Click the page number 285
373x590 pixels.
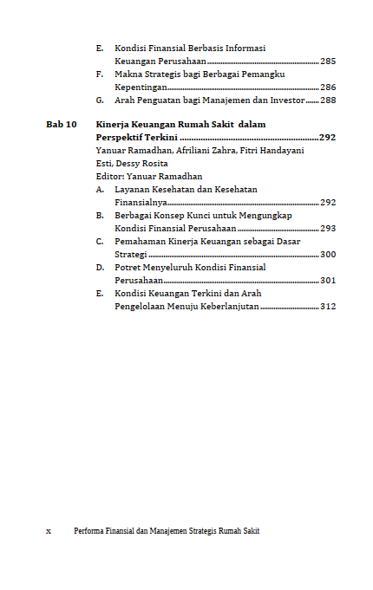click(x=328, y=62)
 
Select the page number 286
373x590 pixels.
click(x=328, y=88)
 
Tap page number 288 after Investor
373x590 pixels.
click(x=328, y=100)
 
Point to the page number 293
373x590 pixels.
click(x=328, y=228)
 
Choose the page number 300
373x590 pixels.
click(x=328, y=255)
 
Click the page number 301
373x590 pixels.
click(x=328, y=281)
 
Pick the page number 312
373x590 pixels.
click(x=328, y=307)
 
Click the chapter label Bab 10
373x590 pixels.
click(x=61, y=125)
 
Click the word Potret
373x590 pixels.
click(x=129, y=268)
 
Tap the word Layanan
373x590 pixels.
click(x=133, y=189)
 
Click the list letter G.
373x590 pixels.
click(x=100, y=100)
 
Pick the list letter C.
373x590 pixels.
click(x=100, y=242)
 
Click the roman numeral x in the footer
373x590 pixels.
click(x=49, y=531)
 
